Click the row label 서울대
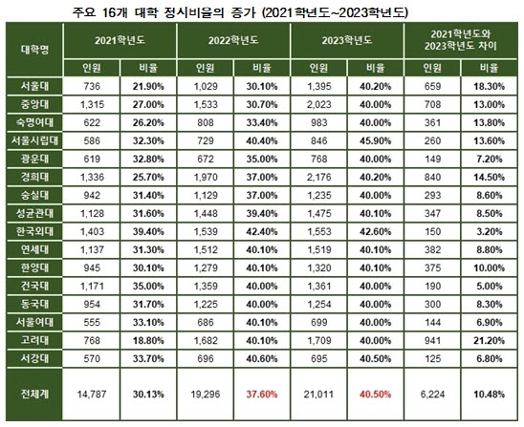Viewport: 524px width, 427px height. pos(35,86)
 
